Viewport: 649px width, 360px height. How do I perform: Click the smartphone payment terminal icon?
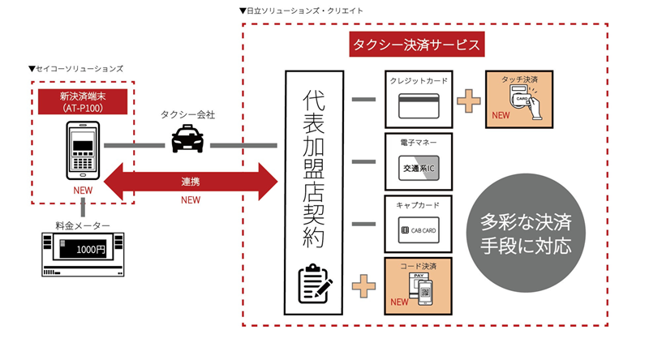(x=82, y=151)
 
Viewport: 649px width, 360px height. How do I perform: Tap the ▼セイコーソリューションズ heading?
(x=75, y=70)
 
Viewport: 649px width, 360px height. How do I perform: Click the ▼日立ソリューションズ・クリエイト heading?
(x=301, y=11)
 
